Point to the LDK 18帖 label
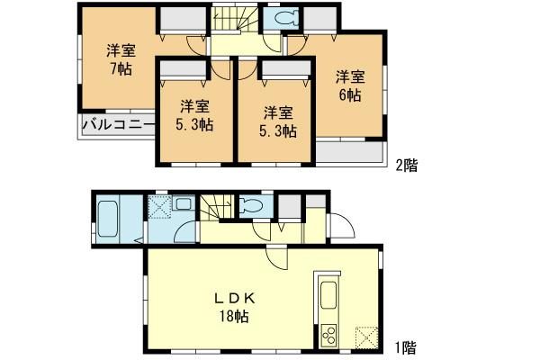tap(231, 305)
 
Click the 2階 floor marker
tap(405, 165)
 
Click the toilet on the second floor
tap(284, 20)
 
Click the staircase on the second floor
tap(232, 20)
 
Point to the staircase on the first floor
tap(218, 209)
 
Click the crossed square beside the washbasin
tap(160, 208)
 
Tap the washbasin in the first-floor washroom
tap(183, 204)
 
